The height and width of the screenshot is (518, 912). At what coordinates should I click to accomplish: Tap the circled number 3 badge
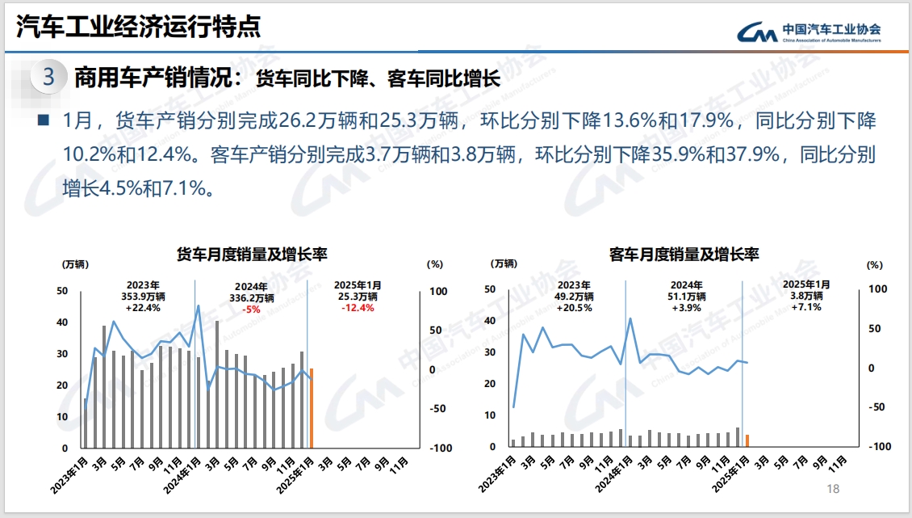point(48,78)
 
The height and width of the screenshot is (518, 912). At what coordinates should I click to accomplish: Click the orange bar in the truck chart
point(312,408)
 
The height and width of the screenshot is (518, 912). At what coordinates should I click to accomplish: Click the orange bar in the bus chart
point(747,440)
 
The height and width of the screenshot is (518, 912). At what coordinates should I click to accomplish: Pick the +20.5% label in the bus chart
point(574,308)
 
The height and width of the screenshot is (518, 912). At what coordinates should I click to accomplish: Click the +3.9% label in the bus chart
point(687,308)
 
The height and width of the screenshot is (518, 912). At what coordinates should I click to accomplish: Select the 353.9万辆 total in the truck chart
point(143,297)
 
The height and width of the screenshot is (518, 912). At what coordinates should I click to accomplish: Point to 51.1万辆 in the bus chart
point(687,297)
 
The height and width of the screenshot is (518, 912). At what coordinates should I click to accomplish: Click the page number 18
point(834,489)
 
